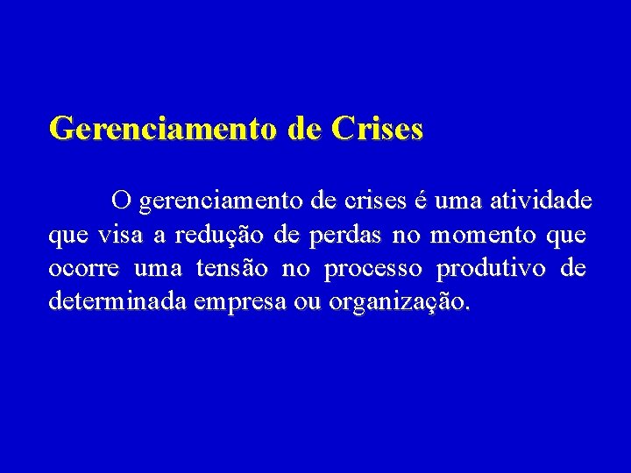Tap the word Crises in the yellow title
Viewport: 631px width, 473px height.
coord(377,129)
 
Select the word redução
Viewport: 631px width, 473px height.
coord(222,236)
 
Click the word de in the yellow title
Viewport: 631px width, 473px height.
coord(303,129)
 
